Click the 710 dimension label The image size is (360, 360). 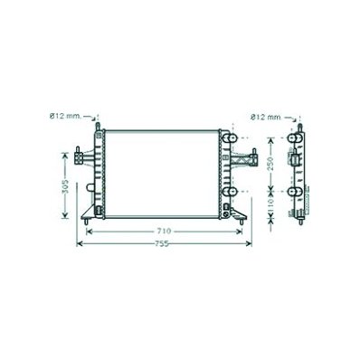point(164,232)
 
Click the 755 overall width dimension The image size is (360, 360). point(162,244)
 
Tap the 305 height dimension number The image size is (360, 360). point(65,186)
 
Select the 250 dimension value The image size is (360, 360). point(270,164)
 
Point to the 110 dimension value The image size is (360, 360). point(270,205)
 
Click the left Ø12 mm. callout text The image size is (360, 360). point(65,116)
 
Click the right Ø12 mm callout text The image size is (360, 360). point(265,118)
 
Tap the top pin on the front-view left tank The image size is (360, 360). point(98,127)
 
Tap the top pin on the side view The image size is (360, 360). point(299,128)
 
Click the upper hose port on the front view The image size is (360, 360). point(230,138)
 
